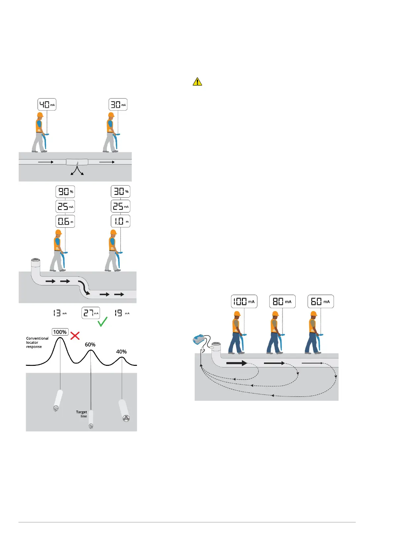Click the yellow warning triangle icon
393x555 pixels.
click(x=197, y=81)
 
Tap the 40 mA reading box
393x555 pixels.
click(x=47, y=104)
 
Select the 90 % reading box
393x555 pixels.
click(x=65, y=191)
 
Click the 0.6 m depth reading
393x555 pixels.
click(x=65, y=221)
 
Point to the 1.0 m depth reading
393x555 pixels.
click(x=120, y=221)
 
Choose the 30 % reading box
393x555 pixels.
click(x=120, y=191)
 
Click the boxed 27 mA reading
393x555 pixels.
click(x=91, y=313)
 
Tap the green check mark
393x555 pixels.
click(x=103, y=322)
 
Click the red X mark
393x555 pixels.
click(x=75, y=336)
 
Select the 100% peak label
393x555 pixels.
click(x=60, y=332)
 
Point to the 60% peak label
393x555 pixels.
click(x=90, y=344)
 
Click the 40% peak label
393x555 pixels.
click(x=121, y=352)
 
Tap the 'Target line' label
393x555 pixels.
click(x=82, y=414)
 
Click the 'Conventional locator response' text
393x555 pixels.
click(x=37, y=342)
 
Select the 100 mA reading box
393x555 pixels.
click(x=244, y=302)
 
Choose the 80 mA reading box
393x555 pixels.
click(x=282, y=302)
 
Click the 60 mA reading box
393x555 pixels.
click(x=321, y=302)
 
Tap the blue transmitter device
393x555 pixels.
click(x=199, y=339)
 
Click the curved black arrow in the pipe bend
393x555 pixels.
click(x=84, y=287)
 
